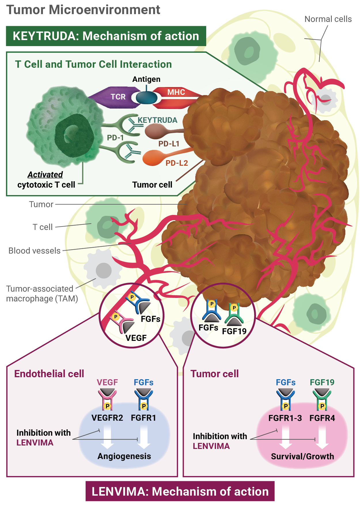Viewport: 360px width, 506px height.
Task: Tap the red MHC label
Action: coord(176,92)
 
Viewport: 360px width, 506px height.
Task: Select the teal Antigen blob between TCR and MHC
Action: coord(146,98)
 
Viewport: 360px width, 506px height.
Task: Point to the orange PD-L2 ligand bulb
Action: coord(153,158)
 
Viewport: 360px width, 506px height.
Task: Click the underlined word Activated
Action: coord(45,175)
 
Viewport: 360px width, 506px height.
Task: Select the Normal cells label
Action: coord(328,19)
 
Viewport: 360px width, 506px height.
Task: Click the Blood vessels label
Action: coord(35,251)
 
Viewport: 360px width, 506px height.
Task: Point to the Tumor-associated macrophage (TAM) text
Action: coord(42,294)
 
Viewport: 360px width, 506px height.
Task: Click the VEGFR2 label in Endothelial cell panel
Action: coord(107,418)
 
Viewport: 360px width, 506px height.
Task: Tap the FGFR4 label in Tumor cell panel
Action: coord(322,418)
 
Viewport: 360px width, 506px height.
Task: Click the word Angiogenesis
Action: coord(124,456)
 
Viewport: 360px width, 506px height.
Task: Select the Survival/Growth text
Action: coord(302,456)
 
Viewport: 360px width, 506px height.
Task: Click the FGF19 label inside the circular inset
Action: coord(234,331)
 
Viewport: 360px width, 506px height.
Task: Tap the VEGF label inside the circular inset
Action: coord(136,338)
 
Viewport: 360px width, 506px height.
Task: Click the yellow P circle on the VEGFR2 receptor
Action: coord(107,406)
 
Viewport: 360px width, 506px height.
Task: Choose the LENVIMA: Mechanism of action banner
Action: coord(180,491)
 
